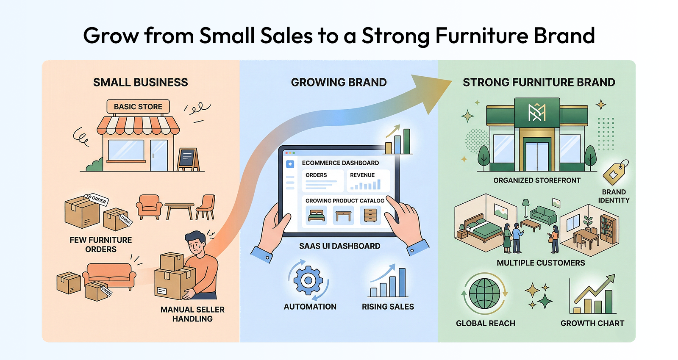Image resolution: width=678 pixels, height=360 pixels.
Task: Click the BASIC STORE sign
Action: [x=138, y=107]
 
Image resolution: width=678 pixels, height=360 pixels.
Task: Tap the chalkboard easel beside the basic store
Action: [x=188, y=159]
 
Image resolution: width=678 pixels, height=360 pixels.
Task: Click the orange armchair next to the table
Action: [x=149, y=207]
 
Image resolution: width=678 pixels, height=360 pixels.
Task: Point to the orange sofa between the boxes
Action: [x=109, y=276]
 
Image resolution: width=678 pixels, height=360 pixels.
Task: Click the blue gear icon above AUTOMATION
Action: [x=308, y=280]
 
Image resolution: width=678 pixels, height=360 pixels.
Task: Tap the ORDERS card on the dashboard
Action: [x=322, y=181]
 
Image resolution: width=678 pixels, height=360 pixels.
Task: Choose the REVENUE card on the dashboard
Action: [x=368, y=181]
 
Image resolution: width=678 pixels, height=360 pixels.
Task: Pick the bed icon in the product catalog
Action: [x=316, y=216]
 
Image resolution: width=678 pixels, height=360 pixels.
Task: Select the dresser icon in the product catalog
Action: [x=370, y=216]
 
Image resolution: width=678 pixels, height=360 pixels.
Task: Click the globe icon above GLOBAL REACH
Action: [x=484, y=293]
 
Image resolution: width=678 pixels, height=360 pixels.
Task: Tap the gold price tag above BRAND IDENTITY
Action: [x=615, y=172]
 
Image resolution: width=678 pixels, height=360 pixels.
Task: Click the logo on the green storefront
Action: [x=537, y=113]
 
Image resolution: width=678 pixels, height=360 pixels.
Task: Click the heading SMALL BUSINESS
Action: [x=140, y=82]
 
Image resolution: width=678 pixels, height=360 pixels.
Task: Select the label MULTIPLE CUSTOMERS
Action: [x=541, y=263]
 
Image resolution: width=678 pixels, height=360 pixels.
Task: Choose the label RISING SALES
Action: [x=388, y=307]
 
